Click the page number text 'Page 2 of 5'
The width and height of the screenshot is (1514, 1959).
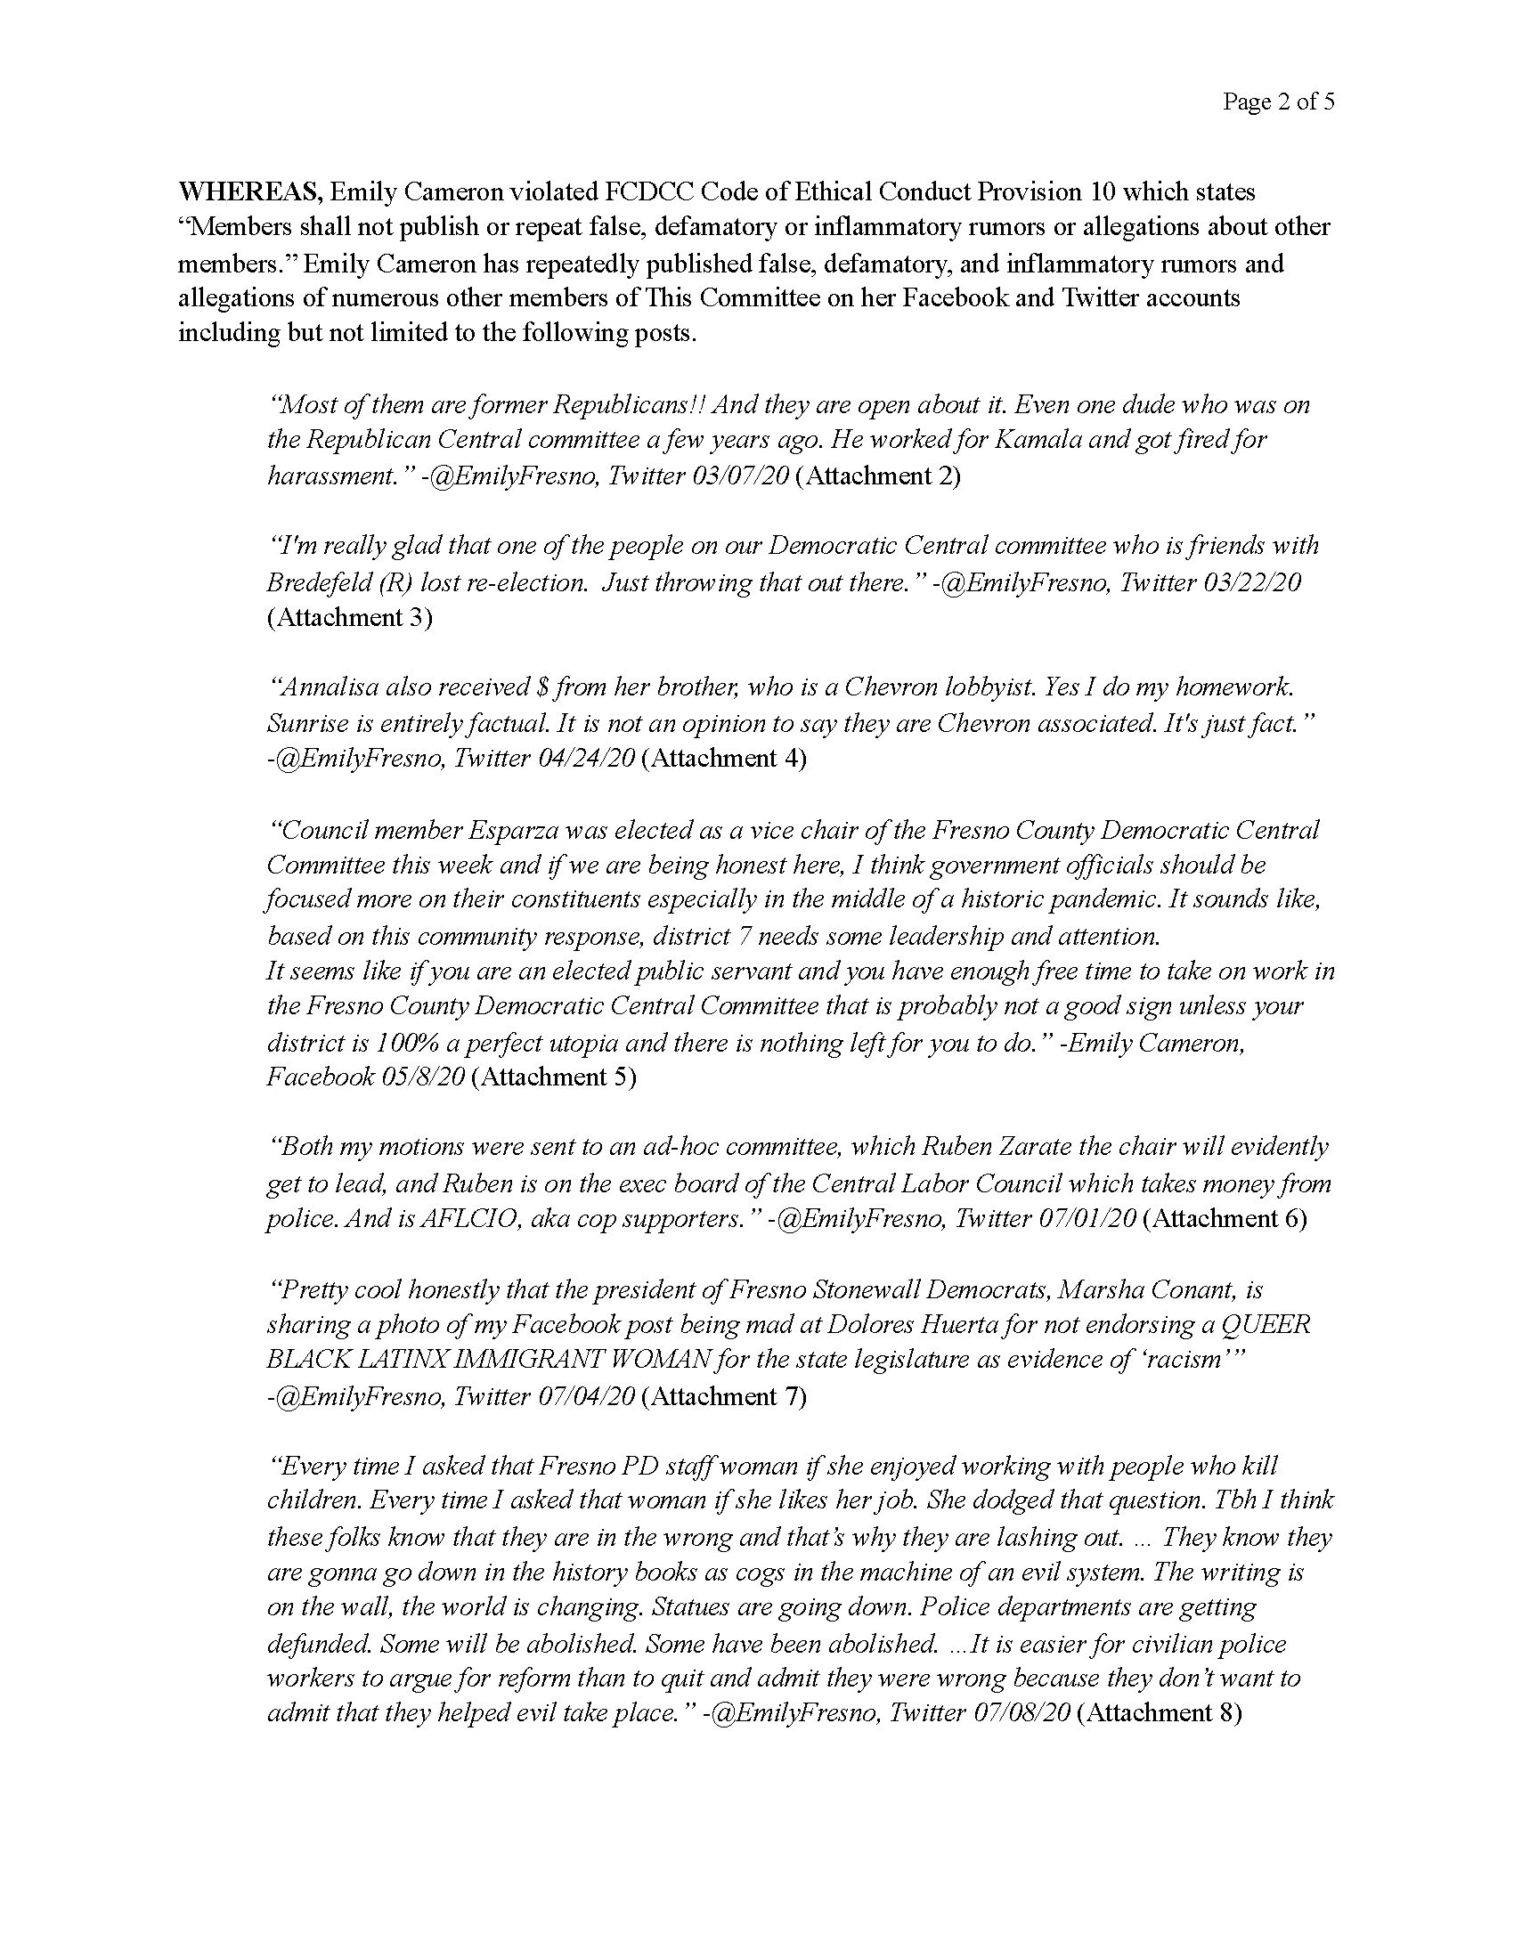pyautogui.click(x=1278, y=102)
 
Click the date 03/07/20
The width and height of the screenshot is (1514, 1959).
pyautogui.click(x=740, y=476)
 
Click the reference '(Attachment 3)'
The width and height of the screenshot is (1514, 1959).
pyautogui.click(x=350, y=617)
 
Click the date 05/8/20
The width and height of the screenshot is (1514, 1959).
pyautogui.click(x=422, y=1077)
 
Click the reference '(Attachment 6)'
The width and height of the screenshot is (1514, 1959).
pyautogui.click(x=1225, y=1218)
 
